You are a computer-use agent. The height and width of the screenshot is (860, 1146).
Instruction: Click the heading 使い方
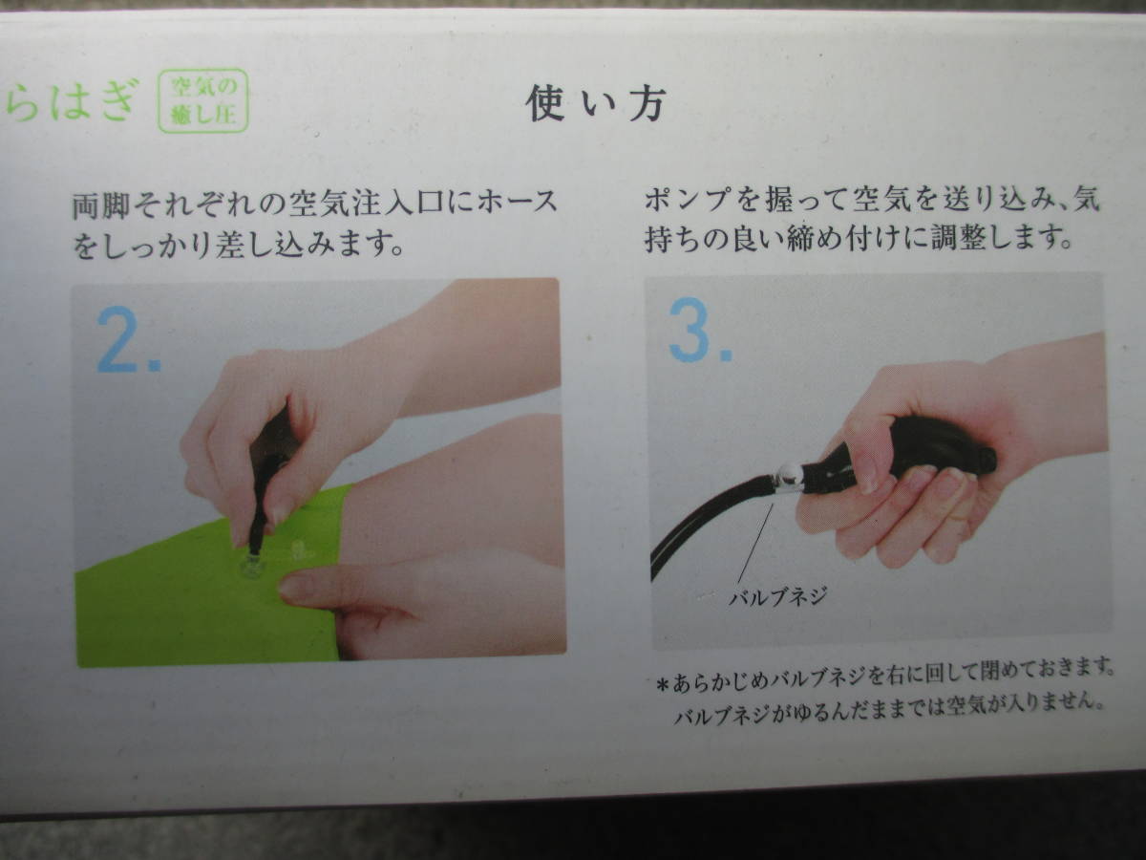(596, 104)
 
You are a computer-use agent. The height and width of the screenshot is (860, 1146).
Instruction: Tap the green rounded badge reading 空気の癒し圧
(203, 100)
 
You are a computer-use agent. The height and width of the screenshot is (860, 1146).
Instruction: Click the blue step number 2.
(128, 339)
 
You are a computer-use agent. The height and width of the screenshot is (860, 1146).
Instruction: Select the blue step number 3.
(701, 330)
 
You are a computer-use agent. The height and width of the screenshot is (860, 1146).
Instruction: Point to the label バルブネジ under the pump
(778, 595)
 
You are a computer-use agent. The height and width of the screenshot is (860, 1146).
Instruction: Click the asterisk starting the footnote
(663, 684)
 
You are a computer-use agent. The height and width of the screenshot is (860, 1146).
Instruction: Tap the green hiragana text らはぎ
(72, 100)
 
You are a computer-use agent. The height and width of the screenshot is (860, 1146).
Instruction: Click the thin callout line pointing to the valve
(755, 544)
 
